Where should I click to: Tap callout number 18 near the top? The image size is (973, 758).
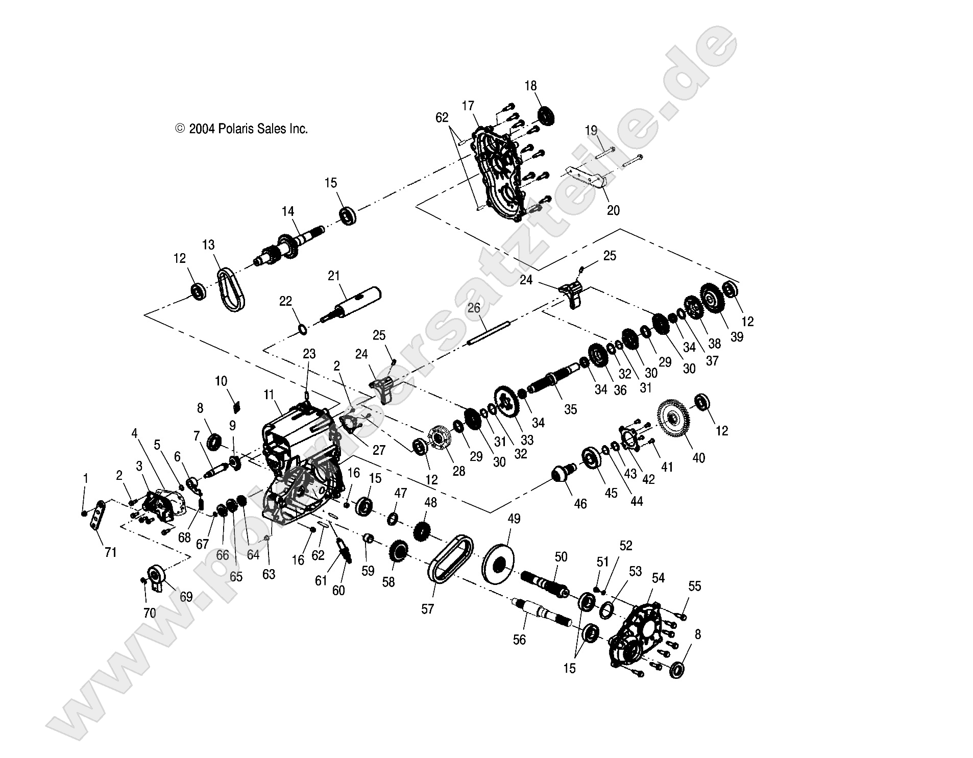coord(530,86)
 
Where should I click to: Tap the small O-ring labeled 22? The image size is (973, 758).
coord(302,329)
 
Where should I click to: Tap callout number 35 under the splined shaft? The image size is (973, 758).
coord(570,409)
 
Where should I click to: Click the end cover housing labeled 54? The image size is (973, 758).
coord(636,633)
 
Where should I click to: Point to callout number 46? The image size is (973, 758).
coord(580,503)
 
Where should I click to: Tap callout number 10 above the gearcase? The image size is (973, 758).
coord(221,381)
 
